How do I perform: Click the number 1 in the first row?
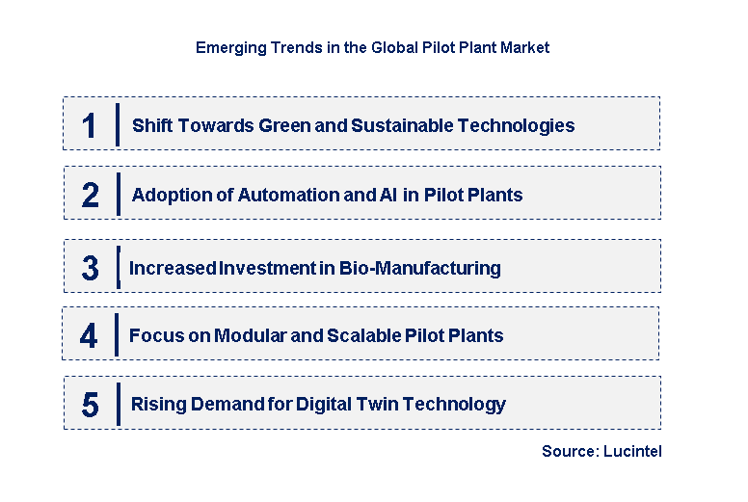[90, 125]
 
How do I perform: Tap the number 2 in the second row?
[91, 196]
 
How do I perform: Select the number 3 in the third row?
[90, 269]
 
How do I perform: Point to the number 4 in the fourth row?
[90, 336]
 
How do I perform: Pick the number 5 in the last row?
[90, 405]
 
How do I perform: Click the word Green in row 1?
[285, 125]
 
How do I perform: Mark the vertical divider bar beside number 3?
[117, 267]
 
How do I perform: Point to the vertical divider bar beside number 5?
[117, 403]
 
